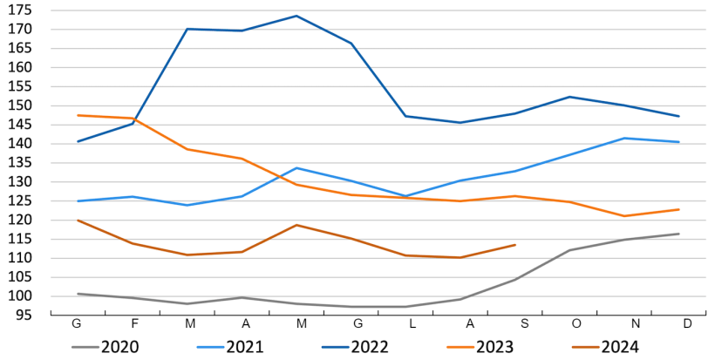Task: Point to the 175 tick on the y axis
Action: point(22,10)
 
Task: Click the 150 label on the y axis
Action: point(22,105)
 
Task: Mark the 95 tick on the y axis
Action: point(26,316)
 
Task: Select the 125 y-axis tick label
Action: point(22,201)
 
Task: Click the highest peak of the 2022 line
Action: point(296,16)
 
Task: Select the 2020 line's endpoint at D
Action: point(678,234)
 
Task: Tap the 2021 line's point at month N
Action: point(624,138)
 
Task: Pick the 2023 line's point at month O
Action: point(569,202)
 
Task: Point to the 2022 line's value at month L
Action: point(405,116)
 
